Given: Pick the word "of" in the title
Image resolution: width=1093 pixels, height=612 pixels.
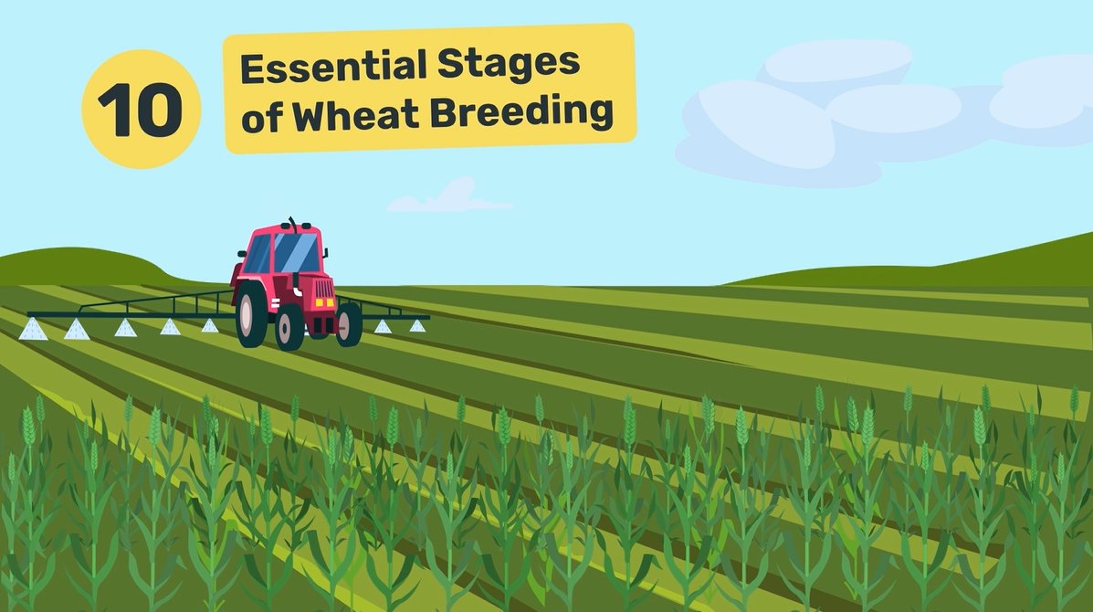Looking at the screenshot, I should (x=259, y=121).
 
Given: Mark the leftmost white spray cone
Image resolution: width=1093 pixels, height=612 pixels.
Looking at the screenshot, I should (x=33, y=331).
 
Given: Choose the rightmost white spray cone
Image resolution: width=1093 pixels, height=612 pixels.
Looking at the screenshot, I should (x=416, y=325).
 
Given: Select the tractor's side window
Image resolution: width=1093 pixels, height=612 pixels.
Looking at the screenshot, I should (x=257, y=253).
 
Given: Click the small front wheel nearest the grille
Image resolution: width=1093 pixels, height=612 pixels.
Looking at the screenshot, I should (x=348, y=324).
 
